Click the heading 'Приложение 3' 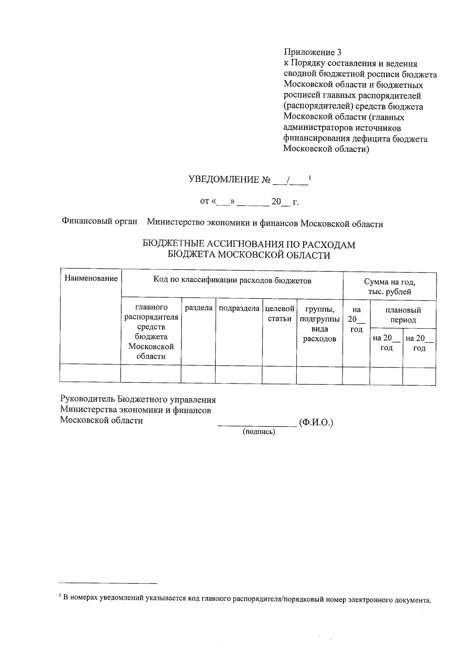[x=313, y=52]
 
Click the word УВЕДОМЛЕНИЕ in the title [x=223, y=180]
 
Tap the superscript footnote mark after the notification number [x=310, y=177]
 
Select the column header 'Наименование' [x=91, y=278]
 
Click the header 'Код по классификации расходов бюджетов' [x=232, y=281]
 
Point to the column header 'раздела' [x=198, y=308]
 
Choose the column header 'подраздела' [x=239, y=308]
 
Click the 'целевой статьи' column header [x=279, y=313]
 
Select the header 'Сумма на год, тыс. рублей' [x=389, y=287]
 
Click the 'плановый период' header [x=403, y=315]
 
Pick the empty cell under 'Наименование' [x=90, y=374]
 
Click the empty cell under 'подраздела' [x=238, y=375]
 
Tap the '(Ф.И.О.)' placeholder [x=316, y=423]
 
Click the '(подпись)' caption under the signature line [x=259, y=432]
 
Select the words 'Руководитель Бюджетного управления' [x=138, y=400]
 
